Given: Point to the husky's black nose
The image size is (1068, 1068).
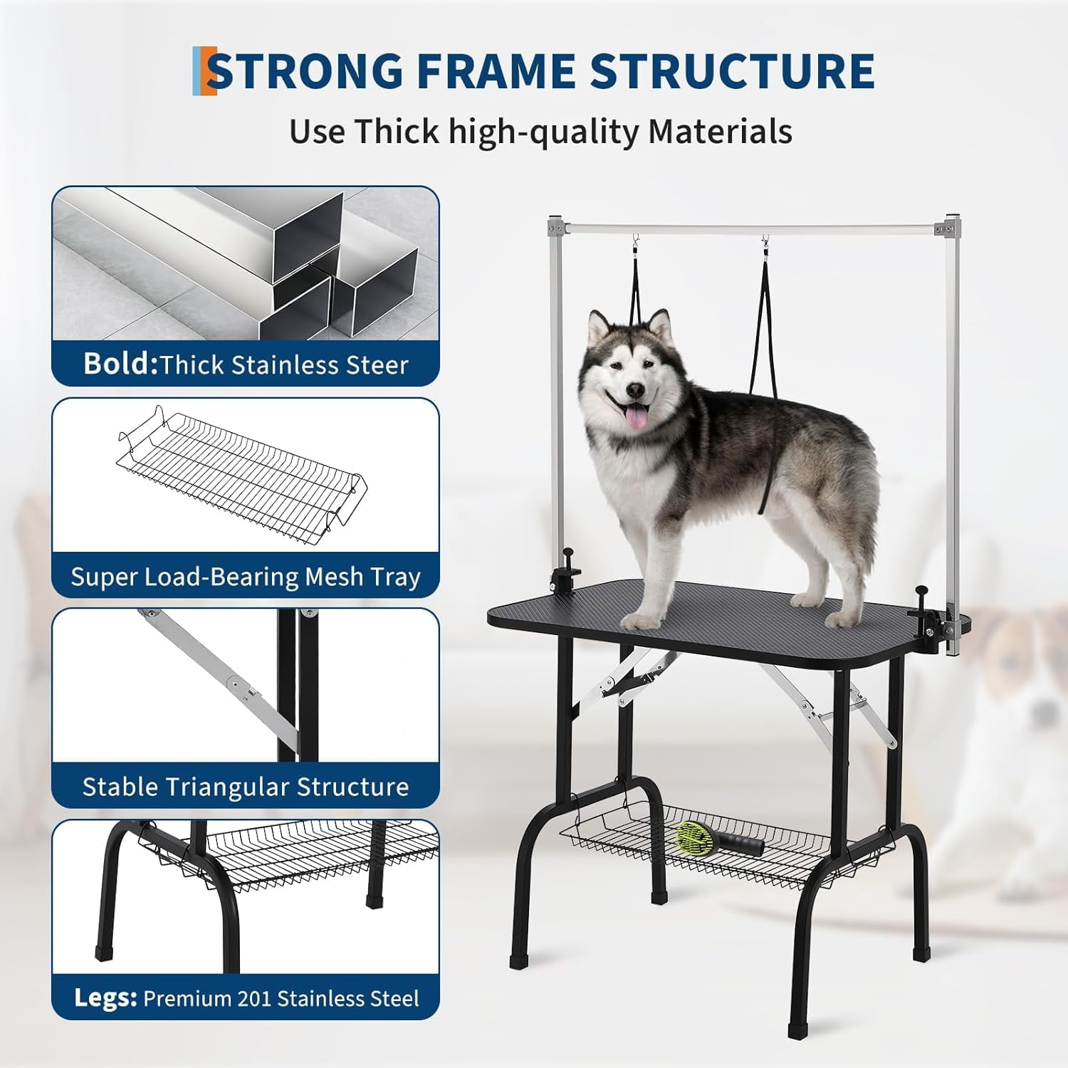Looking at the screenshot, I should coord(634,390).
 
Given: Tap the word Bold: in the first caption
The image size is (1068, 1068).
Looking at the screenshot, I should coord(120,364).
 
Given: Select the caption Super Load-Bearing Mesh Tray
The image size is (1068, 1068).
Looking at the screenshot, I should coord(246,576).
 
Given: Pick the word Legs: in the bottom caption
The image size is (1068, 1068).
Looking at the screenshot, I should coord(105,998).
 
